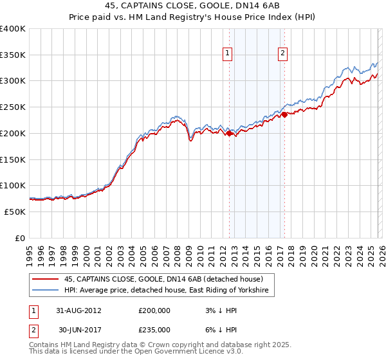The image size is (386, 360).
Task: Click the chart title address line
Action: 193,5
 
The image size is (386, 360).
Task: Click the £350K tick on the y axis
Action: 13,55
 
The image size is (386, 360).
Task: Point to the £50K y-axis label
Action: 14,212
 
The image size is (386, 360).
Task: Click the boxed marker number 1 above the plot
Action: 228,54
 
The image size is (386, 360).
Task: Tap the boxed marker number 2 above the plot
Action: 282,54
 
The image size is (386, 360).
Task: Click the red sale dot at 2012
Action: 229,133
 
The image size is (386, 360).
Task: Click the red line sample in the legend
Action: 45,280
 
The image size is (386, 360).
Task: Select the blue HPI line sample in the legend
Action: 45,291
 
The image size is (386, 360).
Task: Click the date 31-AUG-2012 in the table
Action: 78,310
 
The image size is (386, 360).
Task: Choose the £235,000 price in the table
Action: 154,330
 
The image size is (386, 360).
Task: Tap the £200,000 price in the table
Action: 154,310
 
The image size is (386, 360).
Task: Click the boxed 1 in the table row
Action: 32,310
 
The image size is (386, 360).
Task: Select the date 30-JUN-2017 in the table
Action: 78,330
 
